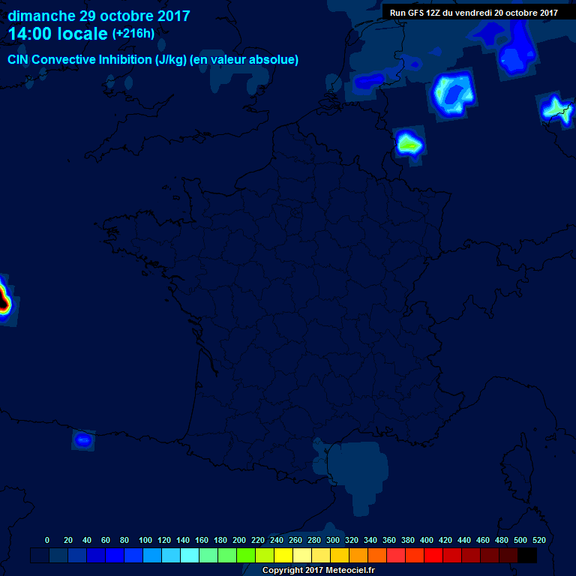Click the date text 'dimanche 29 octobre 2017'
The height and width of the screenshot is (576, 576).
pos(98,16)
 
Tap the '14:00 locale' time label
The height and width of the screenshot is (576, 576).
pos(58,34)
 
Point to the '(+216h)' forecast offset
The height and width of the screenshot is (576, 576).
pos(133,33)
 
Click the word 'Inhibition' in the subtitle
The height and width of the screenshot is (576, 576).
pos(123,59)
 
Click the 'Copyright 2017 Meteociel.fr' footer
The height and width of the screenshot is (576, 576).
pos(318,570)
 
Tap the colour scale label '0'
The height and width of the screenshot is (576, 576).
pos(47,540)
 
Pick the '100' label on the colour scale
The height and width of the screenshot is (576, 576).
pos(145,540)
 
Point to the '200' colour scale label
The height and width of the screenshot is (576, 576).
pos(239,540)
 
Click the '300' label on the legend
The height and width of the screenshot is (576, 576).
pos(333,540)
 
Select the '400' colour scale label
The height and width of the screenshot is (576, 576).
pos(427,540)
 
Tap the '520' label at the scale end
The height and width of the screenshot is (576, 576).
pos(538,540)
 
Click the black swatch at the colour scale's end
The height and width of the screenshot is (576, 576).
pos(527,556)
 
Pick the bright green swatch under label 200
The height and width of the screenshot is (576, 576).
pos(245,556)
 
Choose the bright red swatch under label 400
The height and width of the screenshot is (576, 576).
pos(433,556)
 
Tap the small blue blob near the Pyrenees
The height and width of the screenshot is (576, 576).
pos(83,439)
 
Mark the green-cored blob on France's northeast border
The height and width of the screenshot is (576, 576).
pos(409,142)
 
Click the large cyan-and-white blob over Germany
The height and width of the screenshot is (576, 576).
pos(454,94)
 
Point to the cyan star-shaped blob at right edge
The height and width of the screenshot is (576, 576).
pos(556,109)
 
